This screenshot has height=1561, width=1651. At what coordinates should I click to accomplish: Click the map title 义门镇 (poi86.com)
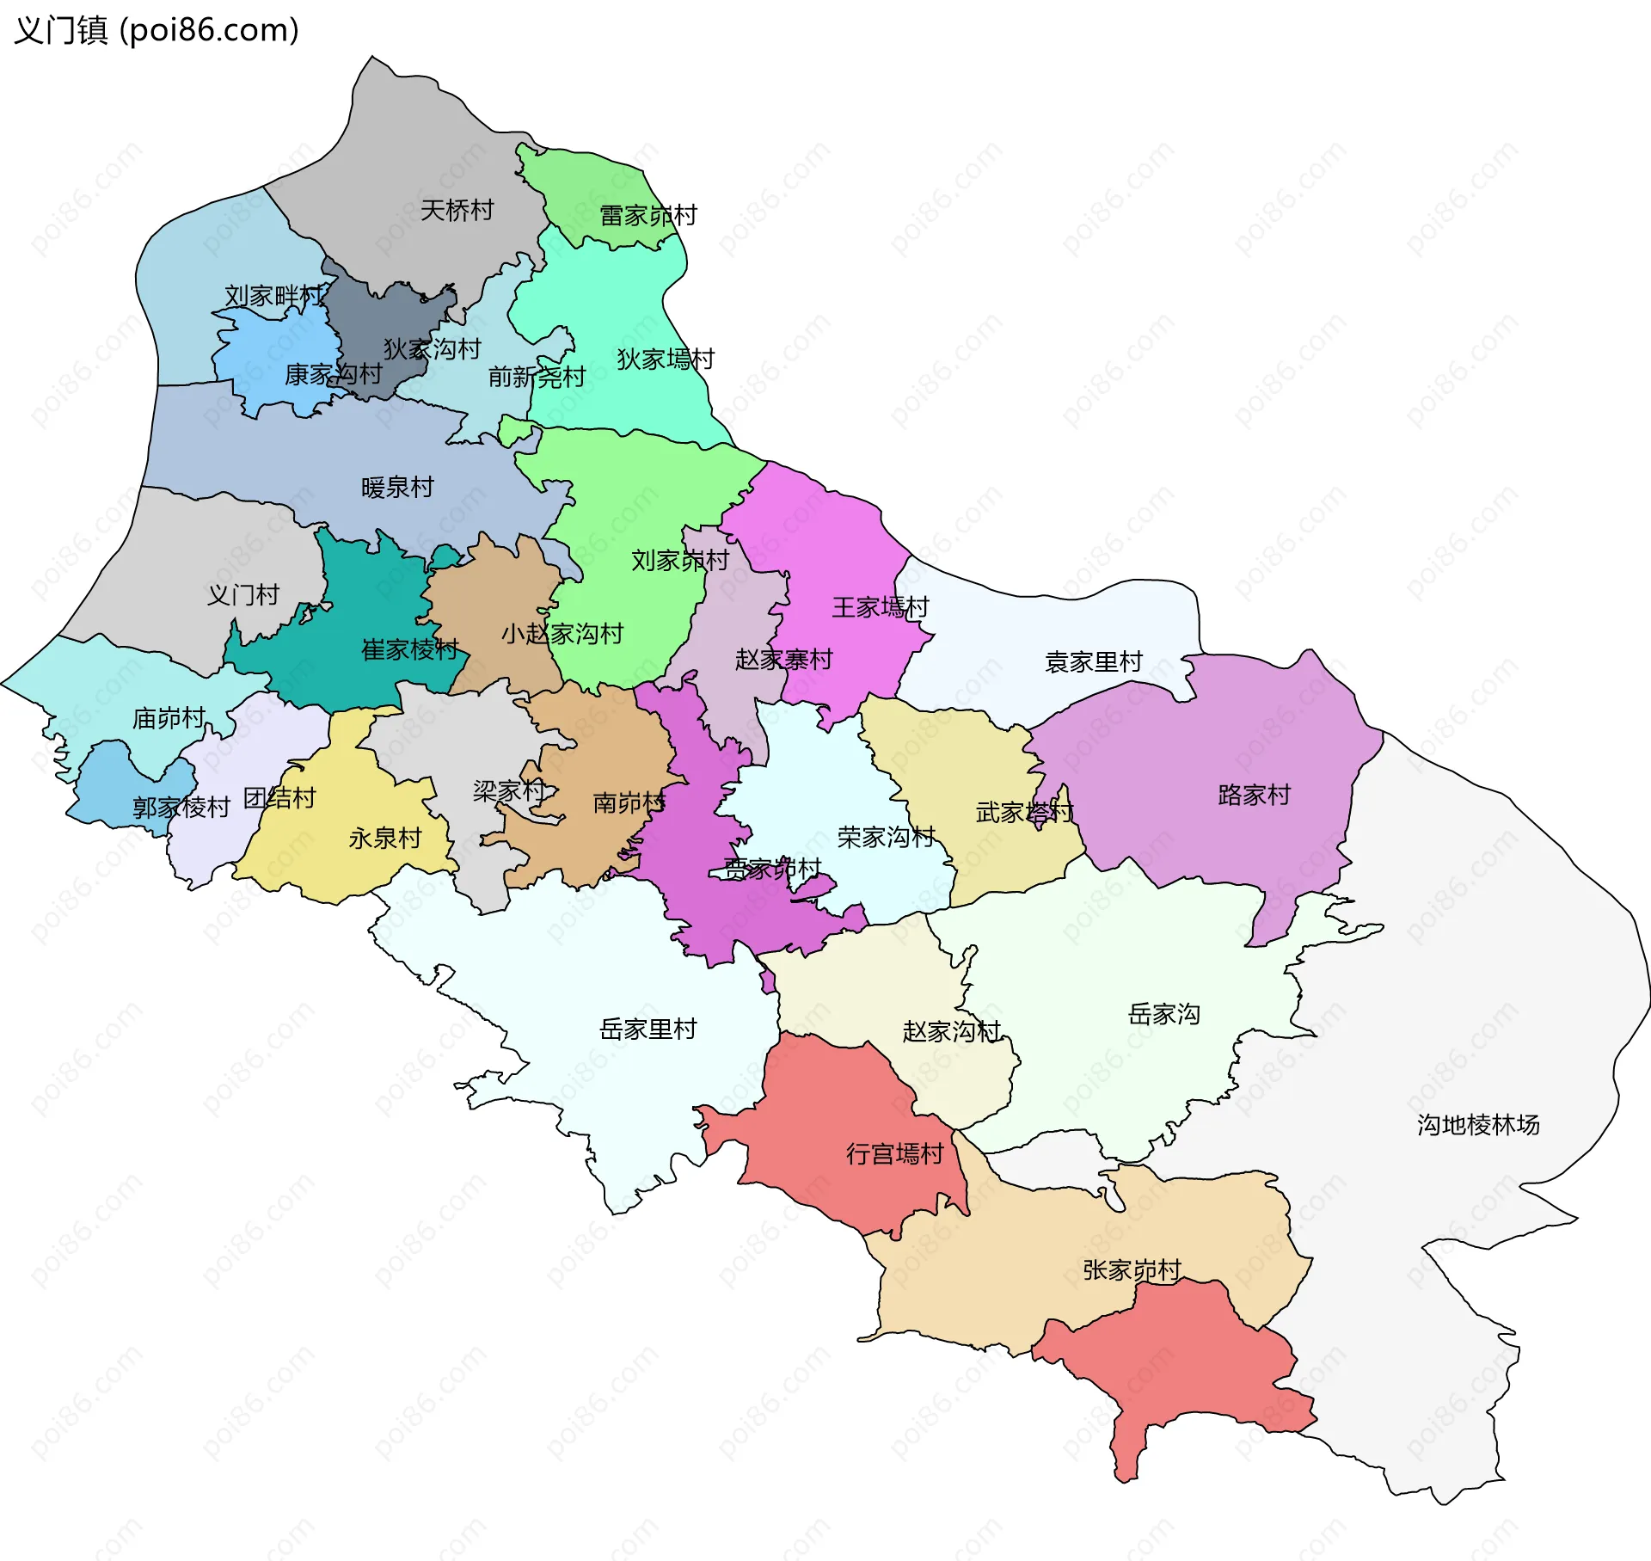pyautogui.click(x=157, y=30)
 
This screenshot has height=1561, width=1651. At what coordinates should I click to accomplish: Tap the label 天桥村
pyautogui.click(x=457, y=210)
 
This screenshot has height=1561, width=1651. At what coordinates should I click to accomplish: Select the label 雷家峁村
pyautogui.click(x=648, y=215)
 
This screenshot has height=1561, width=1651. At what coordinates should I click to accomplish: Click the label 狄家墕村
pyautogui.click(x=666, y=359)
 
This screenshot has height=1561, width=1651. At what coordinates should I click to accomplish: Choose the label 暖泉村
pyautogui.click(x=397, y=487)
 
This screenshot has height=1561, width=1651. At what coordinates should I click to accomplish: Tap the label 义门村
pyautogui.click(x=243, y=594)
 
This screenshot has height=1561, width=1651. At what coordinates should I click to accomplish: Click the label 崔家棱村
pyautogui.click(x=409, y=648)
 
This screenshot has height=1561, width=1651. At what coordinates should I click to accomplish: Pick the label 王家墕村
pyautogui.click(x=880, y=607)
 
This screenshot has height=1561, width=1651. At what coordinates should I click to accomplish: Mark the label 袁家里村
pyautogui.click(x=1093, y=661)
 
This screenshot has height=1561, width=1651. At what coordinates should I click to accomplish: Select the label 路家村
pyautogui.click(x=1254, y=794)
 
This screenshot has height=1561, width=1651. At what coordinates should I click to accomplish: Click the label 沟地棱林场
pyautogui.click(x=1477, y=1124)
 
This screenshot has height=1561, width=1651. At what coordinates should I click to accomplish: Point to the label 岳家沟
pyautogui.click(x=1163, y=1013)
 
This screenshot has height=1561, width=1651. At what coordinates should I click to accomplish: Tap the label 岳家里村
pyautogui.click(x=648, y=1029)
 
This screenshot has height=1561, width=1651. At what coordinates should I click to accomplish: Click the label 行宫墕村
pyautogui.click(x=894, y=1153)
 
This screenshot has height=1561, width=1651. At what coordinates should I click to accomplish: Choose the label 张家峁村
pyautogui.click(x=1132, y=1269)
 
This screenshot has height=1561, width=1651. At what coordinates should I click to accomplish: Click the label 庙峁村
pyautogui.click(x=169, y=717)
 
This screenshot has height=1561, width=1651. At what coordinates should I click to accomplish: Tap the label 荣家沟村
pyautogui.click(x=886, y=836)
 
